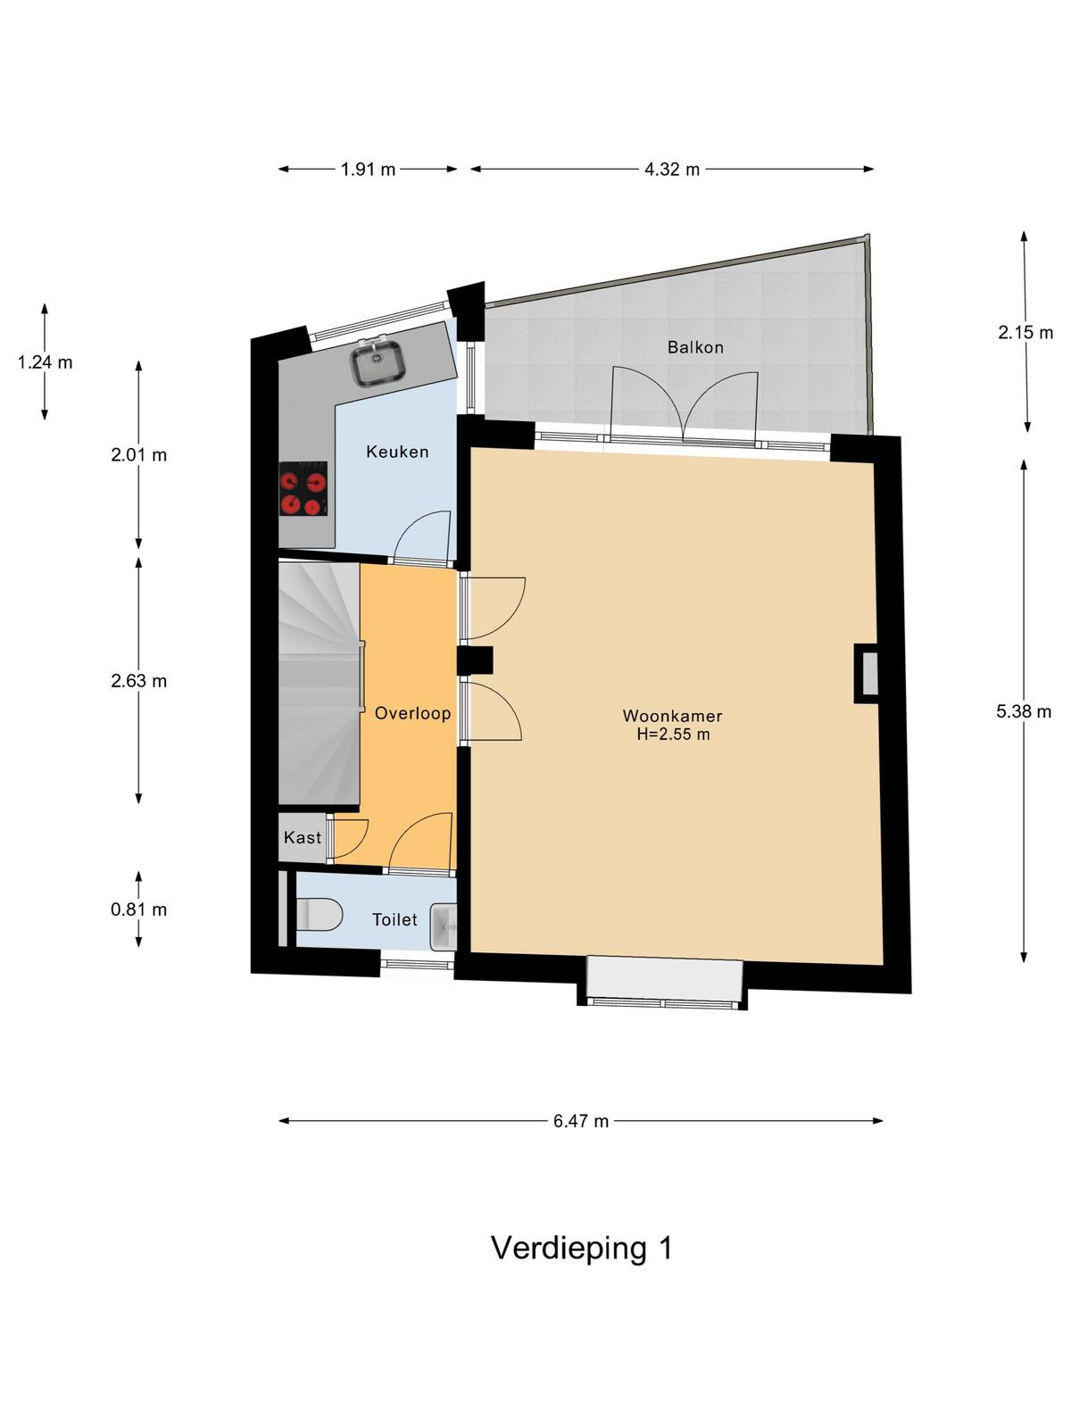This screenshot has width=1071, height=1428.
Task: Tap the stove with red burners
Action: (303, 488)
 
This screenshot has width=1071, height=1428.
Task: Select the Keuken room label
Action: (397, 452)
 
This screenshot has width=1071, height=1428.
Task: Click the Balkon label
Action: (695, 347)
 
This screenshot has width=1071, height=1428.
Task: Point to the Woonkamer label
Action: (672, 716)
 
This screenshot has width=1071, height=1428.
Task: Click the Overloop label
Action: (413, 713)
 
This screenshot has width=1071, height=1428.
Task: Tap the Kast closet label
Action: (303, 837)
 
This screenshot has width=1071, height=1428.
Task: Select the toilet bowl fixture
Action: (319, 914)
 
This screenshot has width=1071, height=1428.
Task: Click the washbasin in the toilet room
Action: (444, 927)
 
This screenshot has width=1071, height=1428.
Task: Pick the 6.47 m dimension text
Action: (581, 1121)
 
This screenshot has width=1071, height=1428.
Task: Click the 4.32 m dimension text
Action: (672, 170)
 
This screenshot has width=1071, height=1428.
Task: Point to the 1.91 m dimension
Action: (368, 170)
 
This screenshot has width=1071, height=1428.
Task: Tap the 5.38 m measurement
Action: (1024, 711)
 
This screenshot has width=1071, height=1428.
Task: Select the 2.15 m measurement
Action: (1025, 332)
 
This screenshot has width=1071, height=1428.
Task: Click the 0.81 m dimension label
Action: (138, 909)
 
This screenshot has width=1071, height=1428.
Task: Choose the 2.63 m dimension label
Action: (138, 680)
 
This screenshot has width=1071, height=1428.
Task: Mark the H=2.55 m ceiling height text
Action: (672, 735)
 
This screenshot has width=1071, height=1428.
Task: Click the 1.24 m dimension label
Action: (45, 362)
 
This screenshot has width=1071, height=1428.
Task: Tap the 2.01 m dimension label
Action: (138, 455)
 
